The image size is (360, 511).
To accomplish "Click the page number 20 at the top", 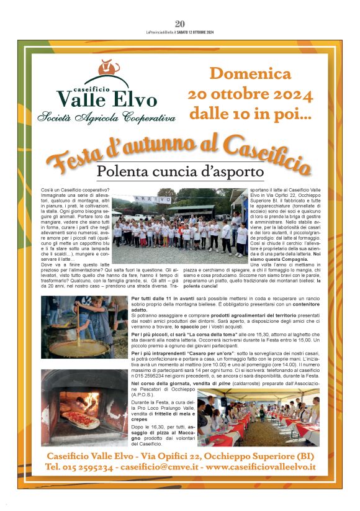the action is pos(180,23).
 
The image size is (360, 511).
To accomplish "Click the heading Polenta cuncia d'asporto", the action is pos(180,171).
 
